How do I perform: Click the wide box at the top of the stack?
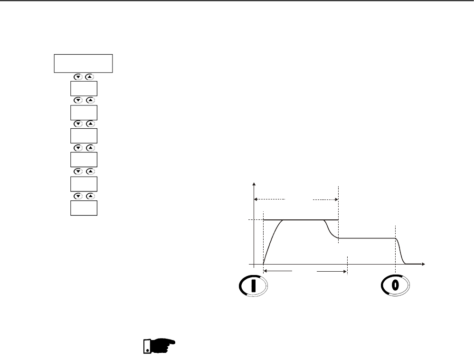click(83, 63)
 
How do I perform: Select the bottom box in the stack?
click(84, 208)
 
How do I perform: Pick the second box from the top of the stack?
click(84, 88)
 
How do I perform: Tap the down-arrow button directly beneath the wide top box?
click(77, 76)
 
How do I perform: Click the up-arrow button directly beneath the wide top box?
click(90, 76)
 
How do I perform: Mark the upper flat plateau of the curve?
click(304, 220)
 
